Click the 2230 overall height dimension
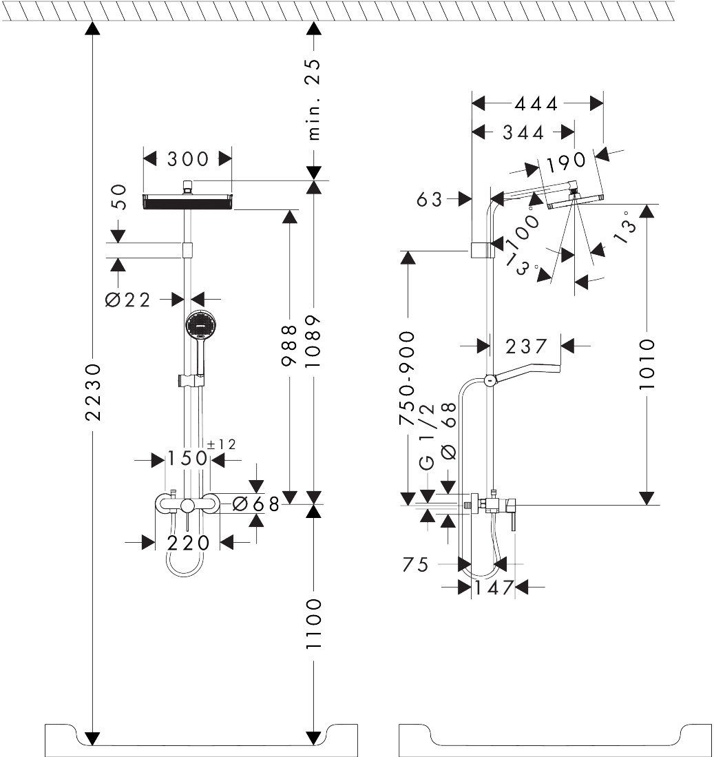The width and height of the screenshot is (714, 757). [x=93, y=392]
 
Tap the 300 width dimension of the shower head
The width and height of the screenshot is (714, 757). [x=187, y=159]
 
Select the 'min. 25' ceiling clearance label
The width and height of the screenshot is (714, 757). [x=313, y=99]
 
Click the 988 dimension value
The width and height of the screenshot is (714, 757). [x=290, y=349]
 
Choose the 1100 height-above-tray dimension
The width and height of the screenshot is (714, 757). [x=313, y=623]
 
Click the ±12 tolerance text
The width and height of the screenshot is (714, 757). [x=221, y=444]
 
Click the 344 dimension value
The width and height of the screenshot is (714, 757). [x=523, y=132]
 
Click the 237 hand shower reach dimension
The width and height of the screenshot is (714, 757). [x=525, y=346]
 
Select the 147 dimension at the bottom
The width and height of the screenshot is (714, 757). [x=494, y=588]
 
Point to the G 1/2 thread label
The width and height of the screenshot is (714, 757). [x=427, y=452]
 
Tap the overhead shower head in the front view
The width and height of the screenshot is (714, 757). [x=187, y=201]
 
